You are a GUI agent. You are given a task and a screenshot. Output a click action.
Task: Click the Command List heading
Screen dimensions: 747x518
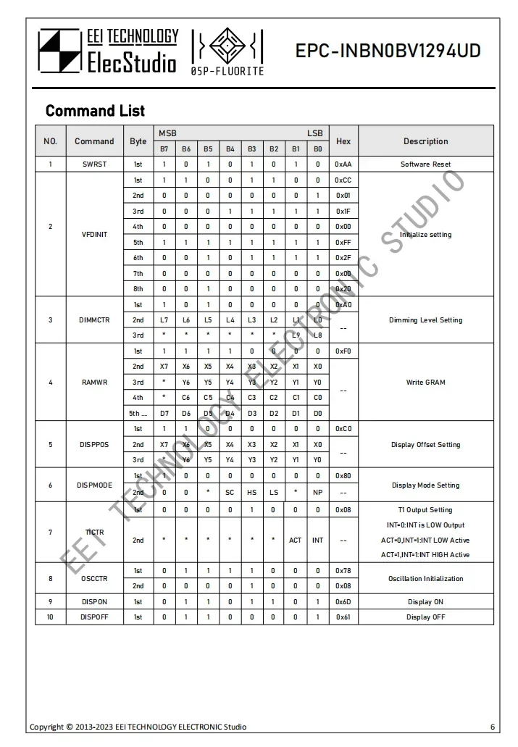(x=95, y=111)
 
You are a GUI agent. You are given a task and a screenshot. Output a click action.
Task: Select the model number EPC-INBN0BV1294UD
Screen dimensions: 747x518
(x=388, y=51)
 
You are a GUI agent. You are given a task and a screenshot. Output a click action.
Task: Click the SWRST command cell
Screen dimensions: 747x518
(x=94, y=164)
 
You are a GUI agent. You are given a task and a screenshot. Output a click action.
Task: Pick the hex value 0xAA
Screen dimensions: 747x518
(x=343, y=164)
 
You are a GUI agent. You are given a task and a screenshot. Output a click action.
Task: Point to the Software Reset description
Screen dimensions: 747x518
(x=425, y=164)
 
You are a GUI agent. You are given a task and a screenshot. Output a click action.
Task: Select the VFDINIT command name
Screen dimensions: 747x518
(x=94, y=235)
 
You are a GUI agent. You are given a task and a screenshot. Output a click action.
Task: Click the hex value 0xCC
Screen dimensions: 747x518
(x=343, y=180)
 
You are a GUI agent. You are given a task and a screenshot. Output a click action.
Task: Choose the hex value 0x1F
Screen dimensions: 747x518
(x=343, y=212)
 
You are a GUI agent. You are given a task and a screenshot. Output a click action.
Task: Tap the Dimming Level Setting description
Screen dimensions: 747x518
(x=425, y=320)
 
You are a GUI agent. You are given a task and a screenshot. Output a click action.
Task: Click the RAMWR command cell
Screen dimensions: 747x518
(x=94, y=382)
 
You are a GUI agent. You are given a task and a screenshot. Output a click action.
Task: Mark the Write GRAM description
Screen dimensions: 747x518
(x=425, y=382)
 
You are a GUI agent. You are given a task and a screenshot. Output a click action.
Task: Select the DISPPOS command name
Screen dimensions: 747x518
(x=94, y=444)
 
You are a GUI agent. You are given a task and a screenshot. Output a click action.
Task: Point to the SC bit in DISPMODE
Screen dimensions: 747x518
(x=230, y=492)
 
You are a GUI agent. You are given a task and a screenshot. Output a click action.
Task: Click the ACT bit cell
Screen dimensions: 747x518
(x=296, y=541)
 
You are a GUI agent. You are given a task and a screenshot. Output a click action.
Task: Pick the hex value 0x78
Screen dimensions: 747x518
(x=343, y=571)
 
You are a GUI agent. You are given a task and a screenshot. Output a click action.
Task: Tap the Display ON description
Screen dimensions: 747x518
(x=425, y=602)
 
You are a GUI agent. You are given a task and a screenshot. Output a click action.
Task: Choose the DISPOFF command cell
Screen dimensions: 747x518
(x=94, y=617)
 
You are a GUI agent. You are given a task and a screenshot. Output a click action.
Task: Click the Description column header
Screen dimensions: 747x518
(x=425, y=141)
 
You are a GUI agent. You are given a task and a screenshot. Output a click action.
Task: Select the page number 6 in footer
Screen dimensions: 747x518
(x=493, y=727)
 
